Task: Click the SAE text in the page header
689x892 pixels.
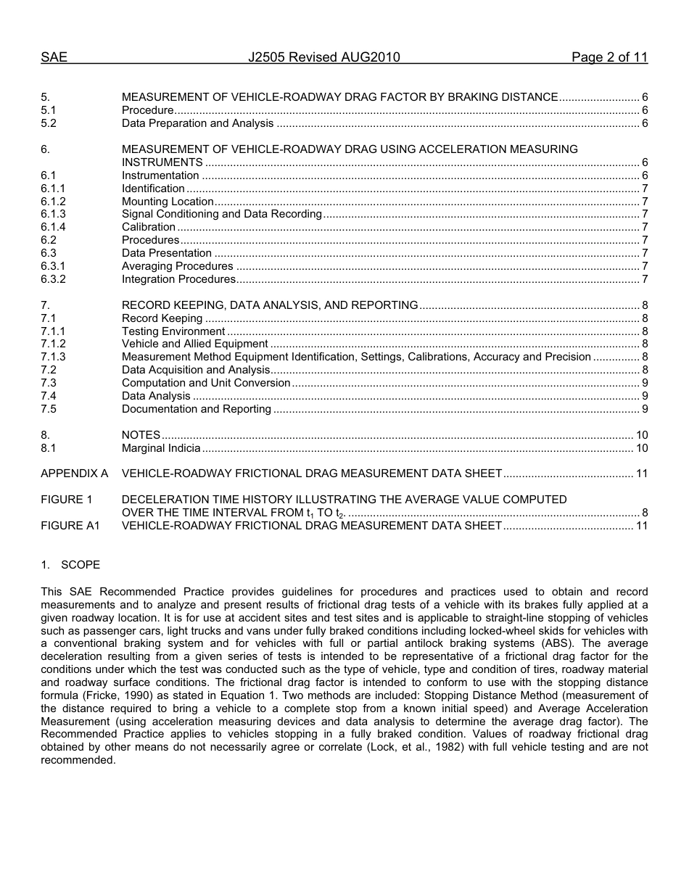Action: click(54, 58)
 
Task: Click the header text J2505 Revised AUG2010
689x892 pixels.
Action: click(323, 58)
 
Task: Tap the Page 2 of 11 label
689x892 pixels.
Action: click(609, 58)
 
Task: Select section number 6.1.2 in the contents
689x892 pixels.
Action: click(53, 202)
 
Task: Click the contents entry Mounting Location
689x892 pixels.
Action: click(168, 202)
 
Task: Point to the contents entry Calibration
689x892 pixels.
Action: click(148, 227)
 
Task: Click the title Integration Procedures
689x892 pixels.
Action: click(178, 279)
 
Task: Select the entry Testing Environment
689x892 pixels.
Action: click(173, 331)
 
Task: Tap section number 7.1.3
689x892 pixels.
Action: click(53, 357)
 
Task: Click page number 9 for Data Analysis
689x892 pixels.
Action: click(645, 396)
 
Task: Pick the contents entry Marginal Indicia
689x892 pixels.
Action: click(161, 448)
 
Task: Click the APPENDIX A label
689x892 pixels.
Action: click(74, 474)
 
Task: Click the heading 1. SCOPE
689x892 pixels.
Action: click(70, 565)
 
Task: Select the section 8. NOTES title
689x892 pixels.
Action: click(141, 435)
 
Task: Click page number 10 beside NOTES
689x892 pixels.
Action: click(642, 435)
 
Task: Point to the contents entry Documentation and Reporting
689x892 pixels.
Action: click(197, 409)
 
